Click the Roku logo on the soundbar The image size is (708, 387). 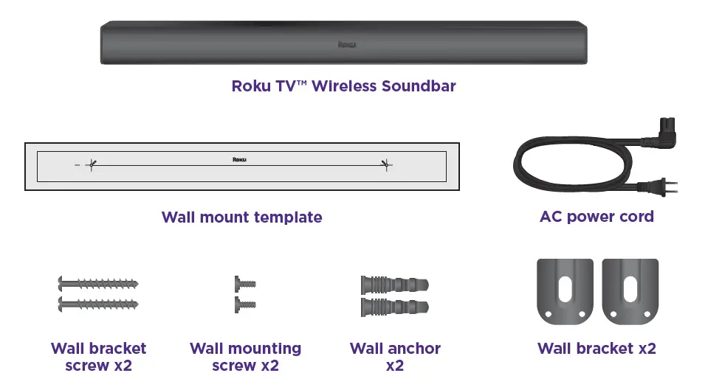pos(346,44)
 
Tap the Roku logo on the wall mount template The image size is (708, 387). pos(238,158)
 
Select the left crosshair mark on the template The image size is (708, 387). pos(90,165)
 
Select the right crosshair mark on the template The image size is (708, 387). pos(385,165)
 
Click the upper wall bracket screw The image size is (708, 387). pos(97,283)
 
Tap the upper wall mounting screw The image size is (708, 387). pos(244,283)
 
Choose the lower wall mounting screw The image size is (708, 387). pos(244,302)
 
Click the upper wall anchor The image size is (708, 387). pos(394,285)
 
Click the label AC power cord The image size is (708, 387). pos(597,217)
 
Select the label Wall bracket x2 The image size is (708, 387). pos(597,349)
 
